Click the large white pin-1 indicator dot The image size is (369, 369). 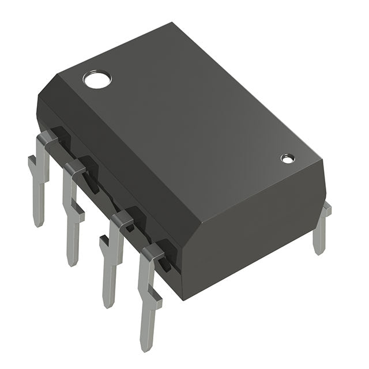tap(96, 78)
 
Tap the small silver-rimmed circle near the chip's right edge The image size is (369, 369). tap(287, 158)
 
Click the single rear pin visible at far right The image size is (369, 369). tap(321, 231)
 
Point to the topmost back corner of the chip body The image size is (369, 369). tap(172, 24)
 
